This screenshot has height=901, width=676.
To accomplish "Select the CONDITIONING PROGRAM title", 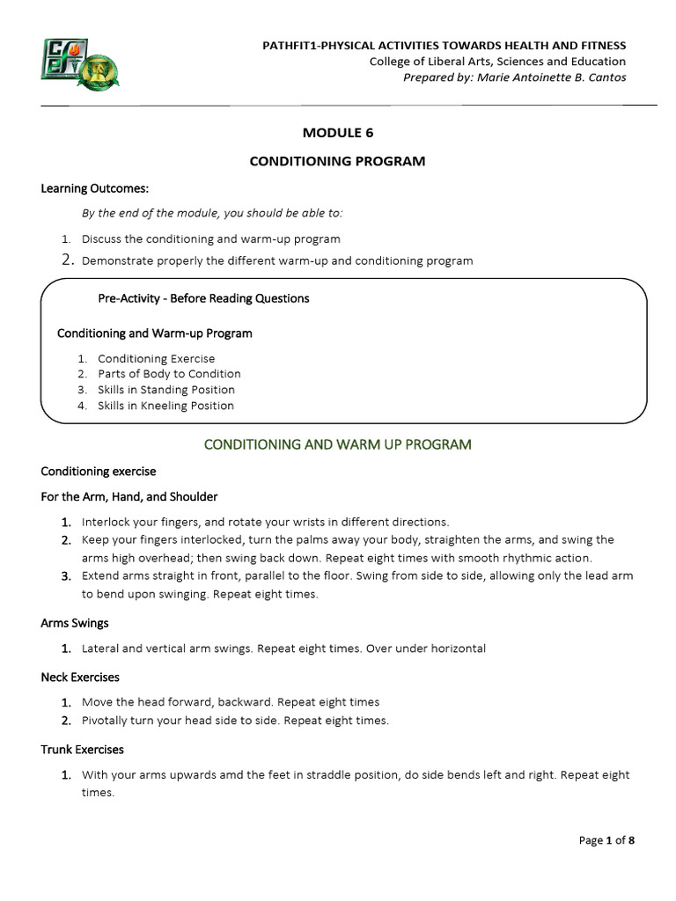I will tap(338, 161).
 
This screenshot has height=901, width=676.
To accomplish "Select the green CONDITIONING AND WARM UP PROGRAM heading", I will tap(338, 444).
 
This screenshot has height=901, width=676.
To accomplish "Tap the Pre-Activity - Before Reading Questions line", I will tap(203, 298).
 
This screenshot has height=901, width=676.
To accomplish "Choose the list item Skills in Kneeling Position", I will tap(165, 406).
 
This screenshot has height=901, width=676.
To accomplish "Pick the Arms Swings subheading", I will tap(75, 623).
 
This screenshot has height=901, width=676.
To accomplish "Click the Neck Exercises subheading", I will tap(80, 678).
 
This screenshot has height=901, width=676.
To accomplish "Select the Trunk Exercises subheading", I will tap(82, 750).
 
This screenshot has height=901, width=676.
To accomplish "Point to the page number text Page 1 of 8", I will tap(606, 840).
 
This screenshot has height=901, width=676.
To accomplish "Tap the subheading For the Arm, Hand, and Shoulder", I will tap(129, 497).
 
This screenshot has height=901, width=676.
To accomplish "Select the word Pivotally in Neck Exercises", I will tap(106, 720).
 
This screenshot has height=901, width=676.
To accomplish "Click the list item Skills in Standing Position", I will tap(166, 390).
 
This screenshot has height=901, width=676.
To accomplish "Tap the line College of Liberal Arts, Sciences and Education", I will tap(497, 62).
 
